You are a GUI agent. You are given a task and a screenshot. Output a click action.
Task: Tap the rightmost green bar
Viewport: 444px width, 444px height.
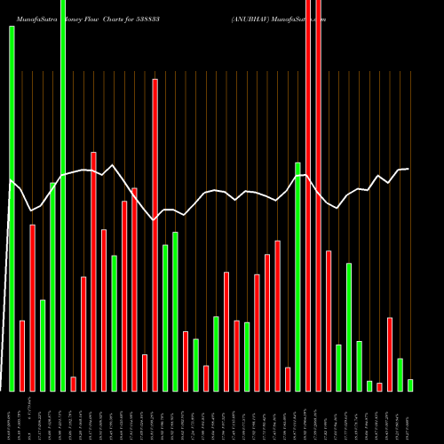point(410,385)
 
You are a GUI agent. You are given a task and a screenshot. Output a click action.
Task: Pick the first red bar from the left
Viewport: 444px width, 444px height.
point(22,355)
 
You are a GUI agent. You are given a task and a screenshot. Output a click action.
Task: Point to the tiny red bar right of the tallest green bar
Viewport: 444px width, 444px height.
point(74,384)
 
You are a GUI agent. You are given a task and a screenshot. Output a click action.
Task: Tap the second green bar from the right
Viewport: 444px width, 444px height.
point(400,374)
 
